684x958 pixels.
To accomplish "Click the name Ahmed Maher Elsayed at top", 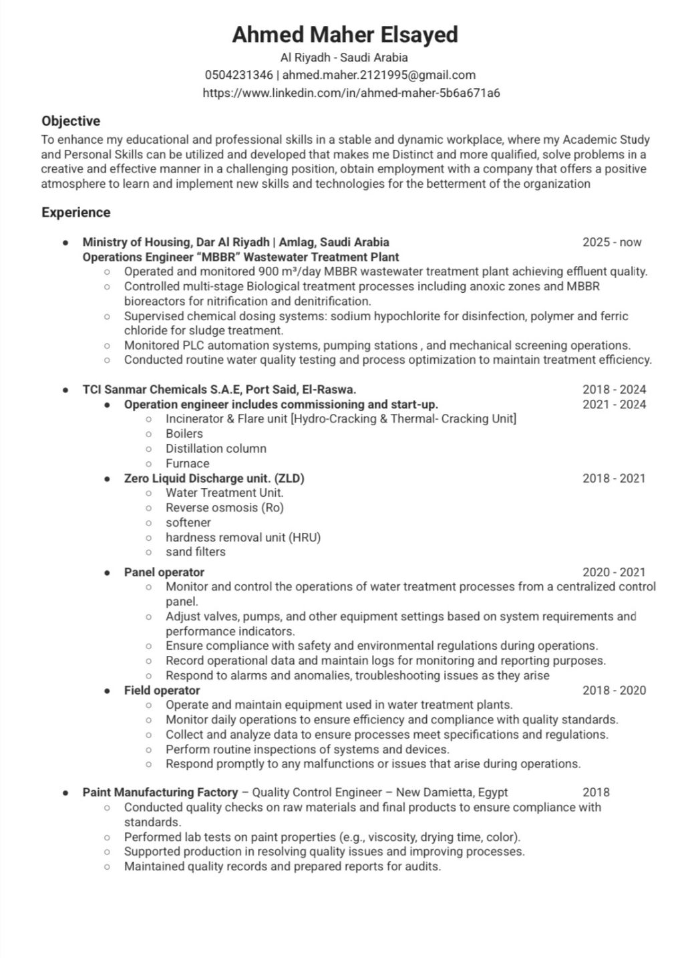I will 345,35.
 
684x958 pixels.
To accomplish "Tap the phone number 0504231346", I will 238,75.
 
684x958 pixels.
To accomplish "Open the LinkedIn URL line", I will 351,93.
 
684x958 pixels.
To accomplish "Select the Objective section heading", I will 71,121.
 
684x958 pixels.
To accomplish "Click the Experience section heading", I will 76,213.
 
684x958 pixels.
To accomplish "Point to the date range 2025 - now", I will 612,242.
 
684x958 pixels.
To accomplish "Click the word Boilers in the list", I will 184,434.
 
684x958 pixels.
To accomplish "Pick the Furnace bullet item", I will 188,463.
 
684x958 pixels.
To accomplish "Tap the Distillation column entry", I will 216,449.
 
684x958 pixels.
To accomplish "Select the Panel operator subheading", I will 164,572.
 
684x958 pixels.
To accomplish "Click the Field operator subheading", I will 162,691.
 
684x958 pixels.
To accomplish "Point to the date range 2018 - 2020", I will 614,691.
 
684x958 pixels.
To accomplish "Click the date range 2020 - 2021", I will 614,572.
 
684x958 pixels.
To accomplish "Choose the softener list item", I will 188,523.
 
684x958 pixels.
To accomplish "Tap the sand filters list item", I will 196,552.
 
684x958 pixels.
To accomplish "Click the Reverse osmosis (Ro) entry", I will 224,508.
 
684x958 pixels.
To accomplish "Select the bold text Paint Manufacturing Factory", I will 160,792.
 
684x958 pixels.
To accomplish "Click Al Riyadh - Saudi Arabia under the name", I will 344,57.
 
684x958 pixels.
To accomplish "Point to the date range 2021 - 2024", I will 614,404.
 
